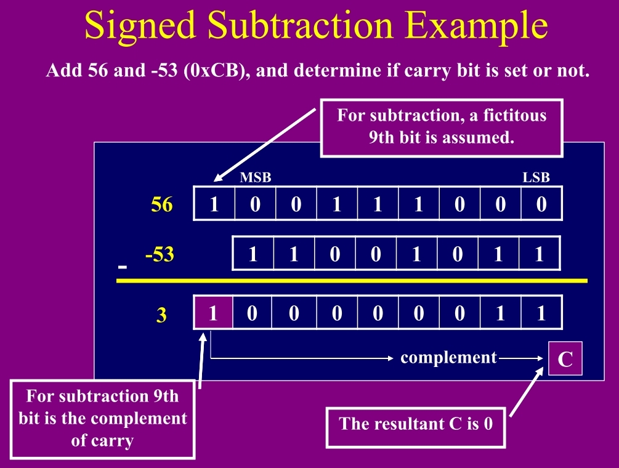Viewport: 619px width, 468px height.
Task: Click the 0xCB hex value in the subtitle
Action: tap(212, 71)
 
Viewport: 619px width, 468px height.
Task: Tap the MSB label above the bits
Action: tap(256, 178)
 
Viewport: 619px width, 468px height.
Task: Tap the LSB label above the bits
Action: tap(536, 178)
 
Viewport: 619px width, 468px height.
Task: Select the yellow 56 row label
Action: tap(162, 204)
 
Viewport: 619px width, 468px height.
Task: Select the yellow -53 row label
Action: tap(160, 254)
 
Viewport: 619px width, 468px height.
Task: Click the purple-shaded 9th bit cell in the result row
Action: tap(213, 313)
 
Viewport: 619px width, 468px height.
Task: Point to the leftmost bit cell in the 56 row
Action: tap(214, 204)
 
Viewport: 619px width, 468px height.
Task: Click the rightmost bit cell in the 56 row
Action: tap(541, 204)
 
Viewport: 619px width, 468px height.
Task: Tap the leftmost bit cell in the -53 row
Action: tap(253, 254)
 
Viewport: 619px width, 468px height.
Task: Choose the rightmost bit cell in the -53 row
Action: tap(540, 254)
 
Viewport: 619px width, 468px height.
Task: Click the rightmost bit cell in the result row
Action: tap(541, 313)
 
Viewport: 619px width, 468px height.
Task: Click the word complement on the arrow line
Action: tap(448, 357)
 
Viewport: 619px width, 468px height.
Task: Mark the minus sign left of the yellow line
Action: tap(123, 268)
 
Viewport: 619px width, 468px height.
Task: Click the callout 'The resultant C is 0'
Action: tap(416, 424)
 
